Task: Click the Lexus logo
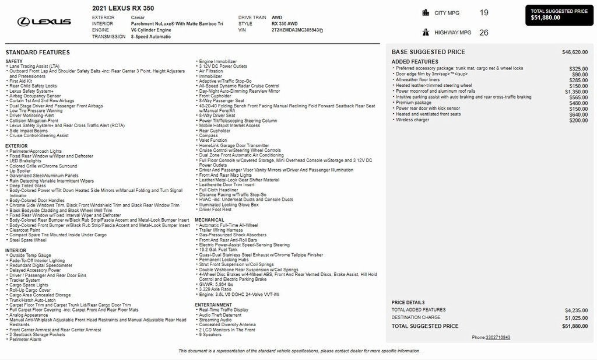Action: point(44,22)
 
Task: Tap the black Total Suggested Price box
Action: point(560,15)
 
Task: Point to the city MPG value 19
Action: point(484,12)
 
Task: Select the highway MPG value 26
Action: point(484,33)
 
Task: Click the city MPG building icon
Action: point(440,12)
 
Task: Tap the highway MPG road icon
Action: point(440,33)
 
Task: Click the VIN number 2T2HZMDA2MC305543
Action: point(296,30)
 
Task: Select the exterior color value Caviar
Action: point(138,18)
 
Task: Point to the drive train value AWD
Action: point(277,18)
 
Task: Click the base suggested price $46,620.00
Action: point(575,52)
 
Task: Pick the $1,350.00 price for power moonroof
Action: point(576,92)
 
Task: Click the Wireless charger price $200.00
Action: point(578,120)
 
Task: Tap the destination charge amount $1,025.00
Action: point(576,318)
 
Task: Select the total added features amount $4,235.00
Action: point(576,310)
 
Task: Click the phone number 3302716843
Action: point(498,337)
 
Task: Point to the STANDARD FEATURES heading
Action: point(37,53)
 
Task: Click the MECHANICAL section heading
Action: point(209,220)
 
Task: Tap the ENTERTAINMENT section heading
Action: point(213,305)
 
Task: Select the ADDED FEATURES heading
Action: point(415,62)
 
